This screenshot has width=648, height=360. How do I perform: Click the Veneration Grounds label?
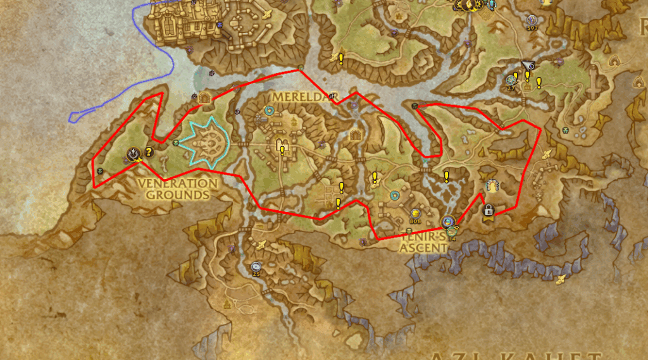pyautogui.click(x=178, y=189)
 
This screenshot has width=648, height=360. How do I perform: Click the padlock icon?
pyautogui.click(x=488, y=210)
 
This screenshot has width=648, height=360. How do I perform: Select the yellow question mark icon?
pyautogui.click(x=149, y=152)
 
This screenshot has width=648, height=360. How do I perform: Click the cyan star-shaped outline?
pyautogui.click(x=202, y=144)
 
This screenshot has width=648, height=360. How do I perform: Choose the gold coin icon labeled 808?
pyautogui.click(x=415, y=214)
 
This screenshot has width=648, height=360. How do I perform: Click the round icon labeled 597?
pyautogui.click(x=532, y=20)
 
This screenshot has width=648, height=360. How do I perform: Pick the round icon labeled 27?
pyautogui.click(x=511, y=80)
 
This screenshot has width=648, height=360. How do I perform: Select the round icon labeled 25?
pyautogui.click(x=256, y=266)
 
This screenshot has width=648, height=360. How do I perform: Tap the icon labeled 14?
pyautogui.click(x=451, y=232)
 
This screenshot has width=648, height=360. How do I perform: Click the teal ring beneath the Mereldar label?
pyautogui.click(x=269, y=111)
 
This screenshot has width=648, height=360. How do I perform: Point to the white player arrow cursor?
pyautogui.click(x=528, y=64)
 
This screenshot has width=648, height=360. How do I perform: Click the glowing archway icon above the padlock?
pyautogui.click(x=491, y=186)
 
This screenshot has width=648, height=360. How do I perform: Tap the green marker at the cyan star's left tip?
pyautogui.click(x=176, y=143)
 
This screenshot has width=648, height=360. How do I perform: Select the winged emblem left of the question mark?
pyautogui.click(x=134, y=153)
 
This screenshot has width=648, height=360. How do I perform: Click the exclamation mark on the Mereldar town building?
pyautogui.click(x=282, y=149)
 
